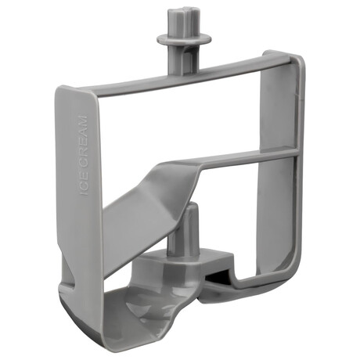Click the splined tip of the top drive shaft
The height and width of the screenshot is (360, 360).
coord(183,21)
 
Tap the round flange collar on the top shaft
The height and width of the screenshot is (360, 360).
coord(184,40)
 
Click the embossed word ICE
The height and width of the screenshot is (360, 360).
coord(84,185)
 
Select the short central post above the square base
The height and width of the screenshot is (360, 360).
coord(183,229)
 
